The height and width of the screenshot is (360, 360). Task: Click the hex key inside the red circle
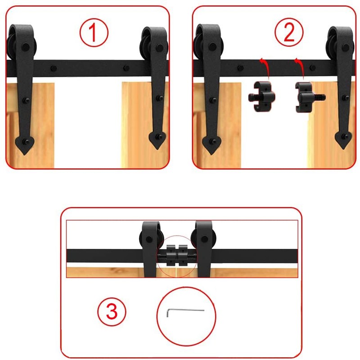(184, 311)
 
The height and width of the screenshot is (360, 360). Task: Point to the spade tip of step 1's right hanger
(156, 140)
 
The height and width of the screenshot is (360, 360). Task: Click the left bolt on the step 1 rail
(54, 69)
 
